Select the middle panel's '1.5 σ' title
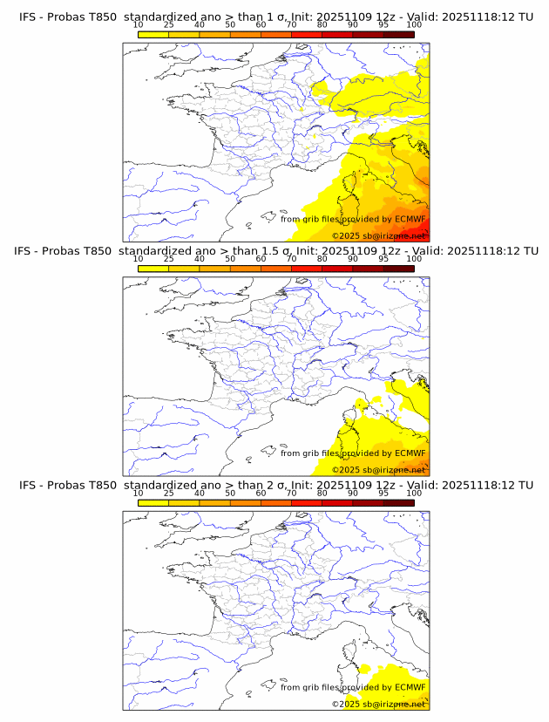click(276, 250)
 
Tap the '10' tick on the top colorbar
click(139, 24)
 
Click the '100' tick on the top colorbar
click(414, 24)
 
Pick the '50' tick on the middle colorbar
click(230, 259)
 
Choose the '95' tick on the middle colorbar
click(383, 259)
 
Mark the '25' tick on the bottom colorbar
click(169, 494)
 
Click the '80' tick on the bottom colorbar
click(322, 494)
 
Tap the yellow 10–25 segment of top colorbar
click(153, 33)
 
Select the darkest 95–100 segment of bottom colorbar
click(398, 502)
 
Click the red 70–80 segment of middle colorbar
click(307, 268)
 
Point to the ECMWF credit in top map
click(353, 219)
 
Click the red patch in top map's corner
click(422, 228)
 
